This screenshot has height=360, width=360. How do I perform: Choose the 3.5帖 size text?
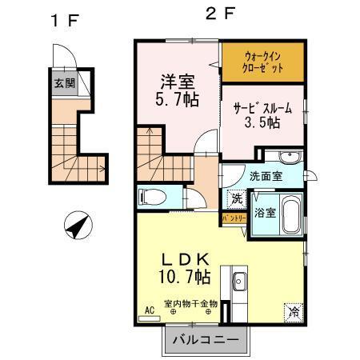point(262,122)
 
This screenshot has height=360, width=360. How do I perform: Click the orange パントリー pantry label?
point(234,217)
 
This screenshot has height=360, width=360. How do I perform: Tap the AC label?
point(148,308)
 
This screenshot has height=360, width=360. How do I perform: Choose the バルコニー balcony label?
point(205,339)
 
